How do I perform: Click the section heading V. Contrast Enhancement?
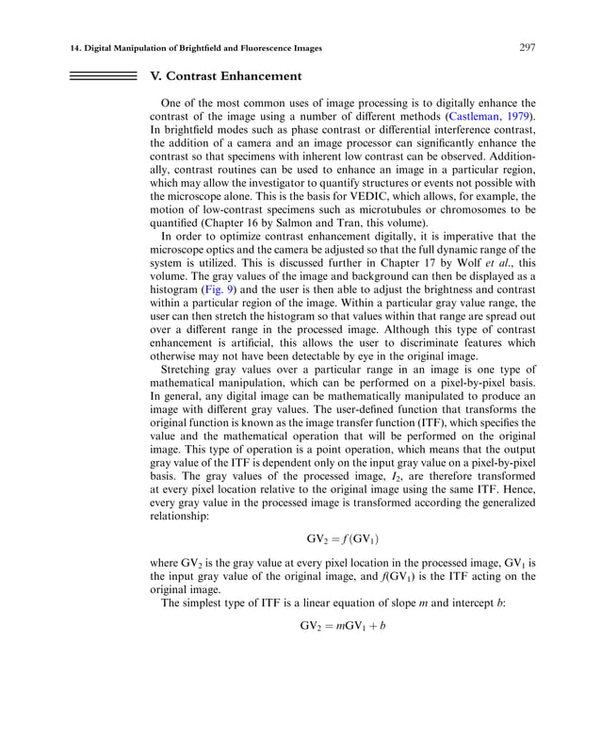click(x=226, y=75)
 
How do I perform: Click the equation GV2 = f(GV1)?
click(x=342, y=540)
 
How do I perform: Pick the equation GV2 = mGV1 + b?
click(x=342, y=626)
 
